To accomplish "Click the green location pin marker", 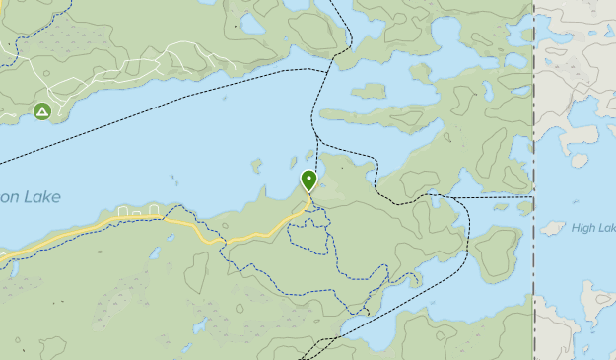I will click(x=309, y=180).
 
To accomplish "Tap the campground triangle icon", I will click(x=42, y=111).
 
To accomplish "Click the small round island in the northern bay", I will click(x=368, y=91).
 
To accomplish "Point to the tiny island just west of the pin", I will click(x=293, y=162).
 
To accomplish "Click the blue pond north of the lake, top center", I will click(x=253, y=23).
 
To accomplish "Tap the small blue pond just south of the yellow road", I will click(x=154, y=252).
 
